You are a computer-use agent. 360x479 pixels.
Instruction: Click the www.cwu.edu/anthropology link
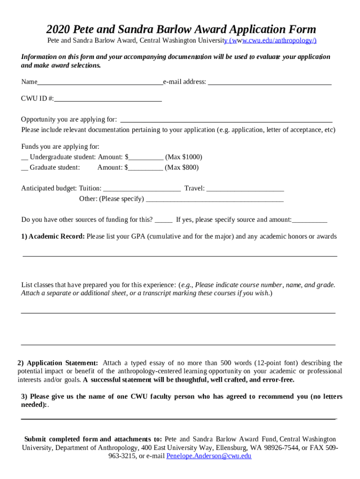click(x=270, y=41)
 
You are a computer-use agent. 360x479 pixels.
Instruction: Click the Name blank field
click(x=100, y=83)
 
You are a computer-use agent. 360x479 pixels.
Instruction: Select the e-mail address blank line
click(x=269, y=83)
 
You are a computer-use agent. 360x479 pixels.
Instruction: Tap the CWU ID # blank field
click(x=108, y=100)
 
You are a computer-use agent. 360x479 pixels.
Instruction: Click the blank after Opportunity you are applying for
click(x=226, y=120)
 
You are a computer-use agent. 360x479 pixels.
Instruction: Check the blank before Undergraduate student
click(x=25, y=158)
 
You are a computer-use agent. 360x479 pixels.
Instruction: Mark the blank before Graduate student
click(x=25, y=168)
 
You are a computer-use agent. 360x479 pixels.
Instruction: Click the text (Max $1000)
click(x=184, y=157)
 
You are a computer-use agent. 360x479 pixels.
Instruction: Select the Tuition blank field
click(x=142, y=189)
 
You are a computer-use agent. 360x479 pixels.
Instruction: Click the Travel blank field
click(x=245, y=189)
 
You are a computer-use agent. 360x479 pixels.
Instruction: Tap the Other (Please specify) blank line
click(x=215, y=200)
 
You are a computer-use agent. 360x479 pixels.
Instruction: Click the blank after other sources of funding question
click(x=164, y=220)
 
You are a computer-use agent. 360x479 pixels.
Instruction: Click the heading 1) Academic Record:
click(x=53, y=237)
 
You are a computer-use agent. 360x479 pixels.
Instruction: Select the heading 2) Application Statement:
click(x=58, y=363)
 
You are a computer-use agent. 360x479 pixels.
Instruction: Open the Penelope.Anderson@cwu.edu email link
click(x=209, y=456)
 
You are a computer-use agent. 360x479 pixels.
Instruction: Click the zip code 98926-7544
click(x=268, y=448)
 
